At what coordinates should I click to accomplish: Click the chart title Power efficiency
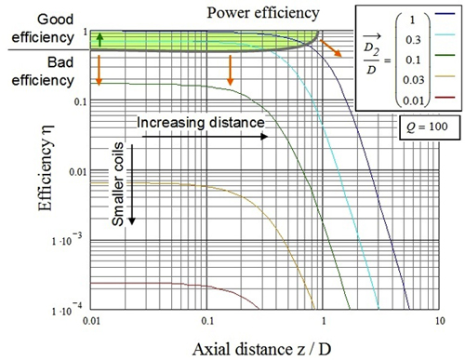265,14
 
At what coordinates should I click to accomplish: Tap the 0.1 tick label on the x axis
206,319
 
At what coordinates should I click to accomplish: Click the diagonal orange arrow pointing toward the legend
329,47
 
